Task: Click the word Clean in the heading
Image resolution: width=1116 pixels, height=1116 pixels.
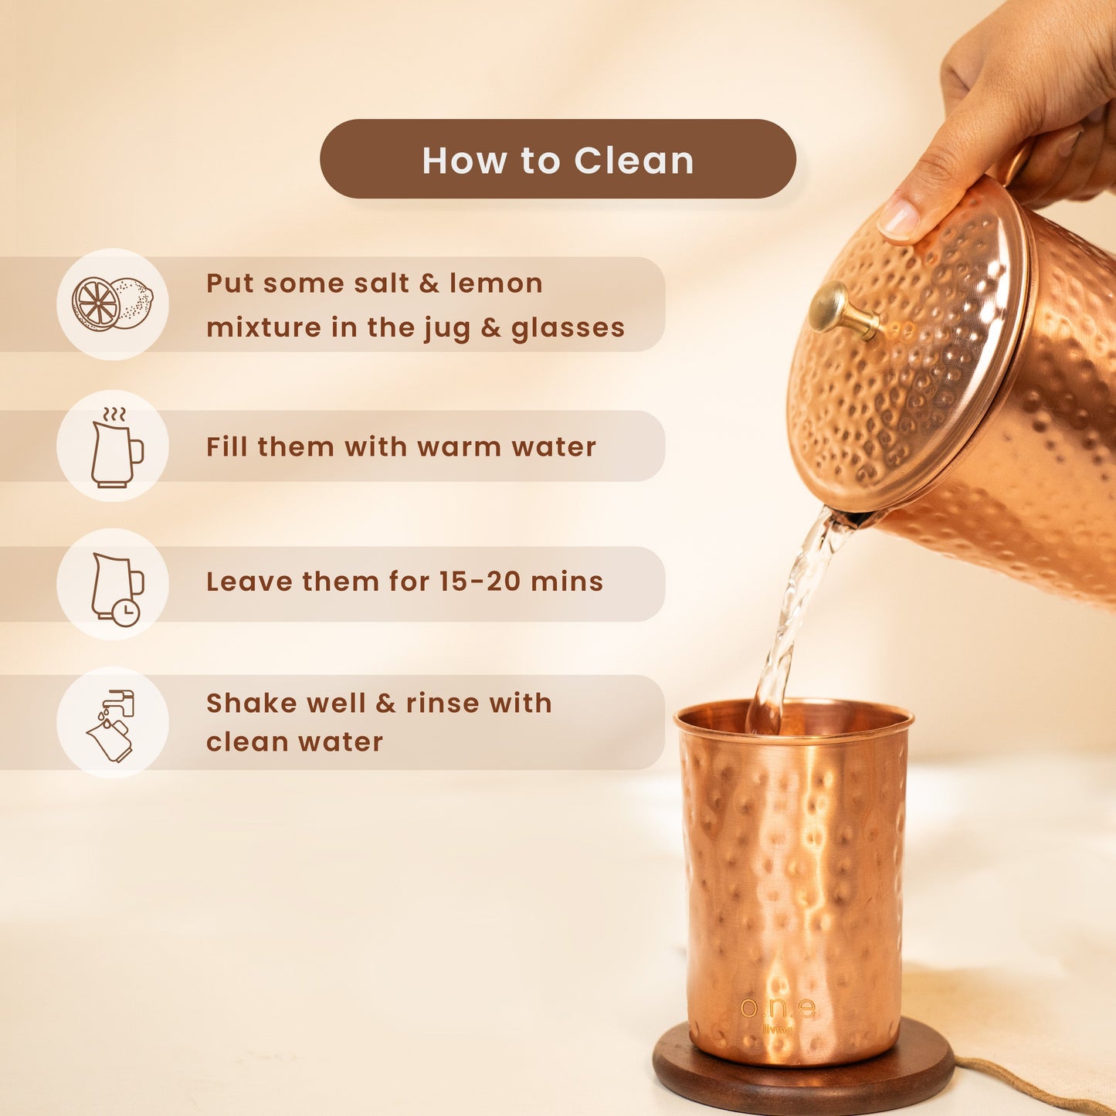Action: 633,161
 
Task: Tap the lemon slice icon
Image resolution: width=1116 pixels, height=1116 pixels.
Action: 112,304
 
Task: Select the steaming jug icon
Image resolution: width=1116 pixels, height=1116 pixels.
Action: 116,446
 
